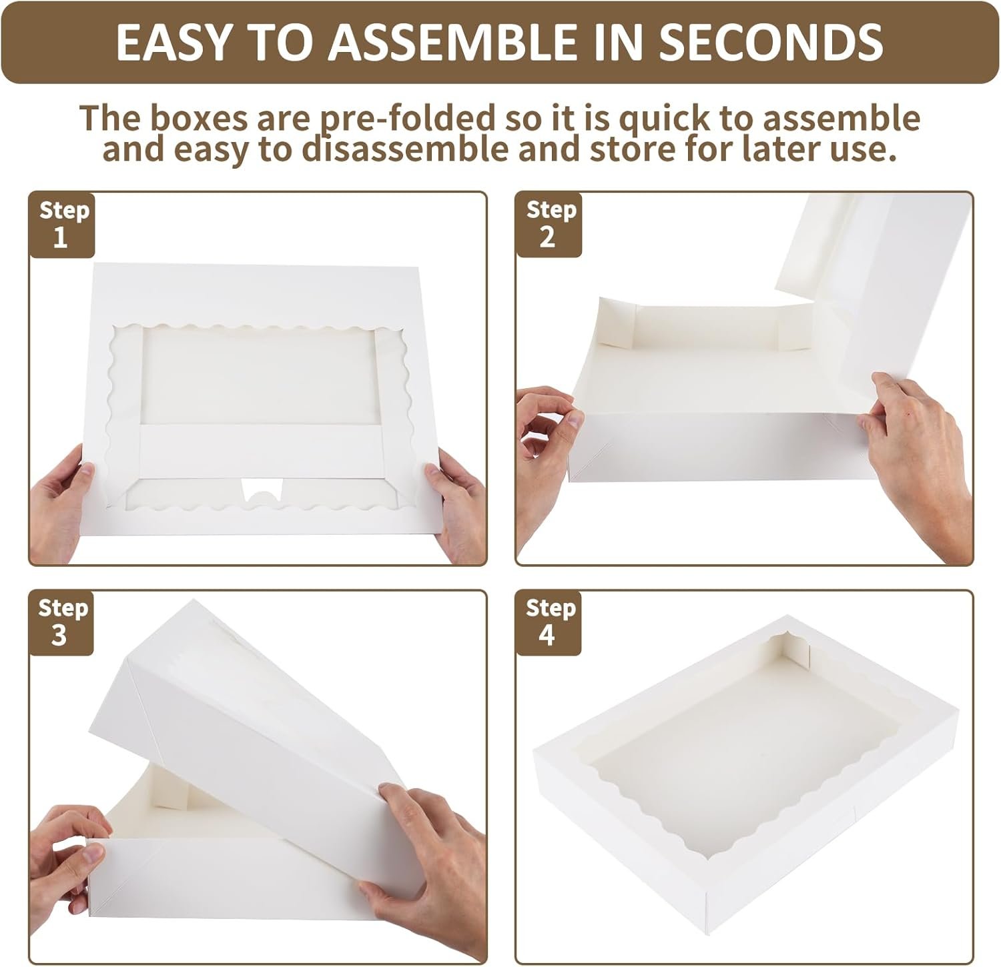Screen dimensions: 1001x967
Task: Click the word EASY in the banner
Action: click(170, 41)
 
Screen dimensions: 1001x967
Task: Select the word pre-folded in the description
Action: click(421, 119)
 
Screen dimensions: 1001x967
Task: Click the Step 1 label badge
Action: click(62, 224)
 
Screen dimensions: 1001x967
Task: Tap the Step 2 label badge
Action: click(549, 224)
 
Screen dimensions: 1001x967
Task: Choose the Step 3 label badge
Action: click(61, 622)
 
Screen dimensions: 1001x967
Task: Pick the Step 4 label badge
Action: click(549, 622)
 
